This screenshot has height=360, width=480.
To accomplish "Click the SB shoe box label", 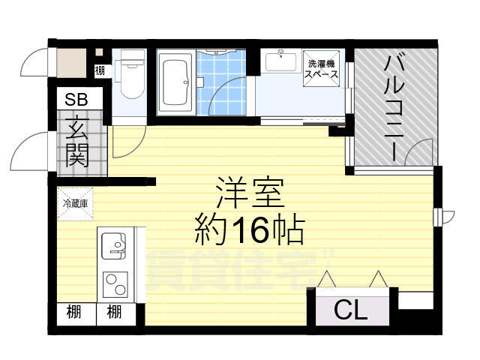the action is coord(76,100).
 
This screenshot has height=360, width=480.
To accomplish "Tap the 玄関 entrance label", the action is coord(77,142).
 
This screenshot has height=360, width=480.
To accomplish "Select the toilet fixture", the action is coord(129,75).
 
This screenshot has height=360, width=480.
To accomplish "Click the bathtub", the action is coord(175,82).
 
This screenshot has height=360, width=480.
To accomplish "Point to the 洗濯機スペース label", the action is coord(322,69).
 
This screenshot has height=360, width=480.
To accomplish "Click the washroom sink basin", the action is coord(280,61).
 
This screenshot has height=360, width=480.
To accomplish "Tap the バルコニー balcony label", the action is coord(394,107).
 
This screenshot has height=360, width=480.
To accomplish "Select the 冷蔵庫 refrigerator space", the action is coord(75,204).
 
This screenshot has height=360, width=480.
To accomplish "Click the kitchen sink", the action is coord(113,246).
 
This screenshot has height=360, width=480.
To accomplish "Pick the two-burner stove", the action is coord(115,285).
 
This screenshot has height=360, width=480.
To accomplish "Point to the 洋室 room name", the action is coord(249,193).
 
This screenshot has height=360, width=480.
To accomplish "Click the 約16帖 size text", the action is coord(250,230).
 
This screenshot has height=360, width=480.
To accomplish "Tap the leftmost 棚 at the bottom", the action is coord(73,312).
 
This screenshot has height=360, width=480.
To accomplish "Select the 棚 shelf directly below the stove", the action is coord(114,312).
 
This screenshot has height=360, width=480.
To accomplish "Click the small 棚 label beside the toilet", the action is coord(100,70).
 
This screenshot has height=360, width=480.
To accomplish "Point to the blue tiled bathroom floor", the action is coord(221,82).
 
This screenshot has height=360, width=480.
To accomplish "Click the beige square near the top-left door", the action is coord(71,63).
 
